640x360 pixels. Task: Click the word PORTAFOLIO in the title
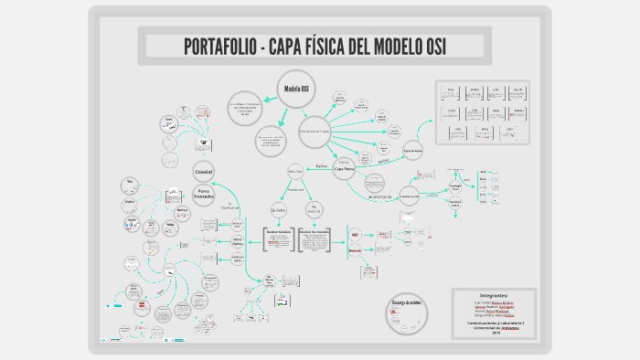point(217,46)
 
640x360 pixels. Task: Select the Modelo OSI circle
point(295,89)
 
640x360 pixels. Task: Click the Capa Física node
point(344,169)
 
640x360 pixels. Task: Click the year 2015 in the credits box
point(497,332)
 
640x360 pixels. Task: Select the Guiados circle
point(279,209)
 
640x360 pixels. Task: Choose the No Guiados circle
point(314,209)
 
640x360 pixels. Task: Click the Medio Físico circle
point(295,171)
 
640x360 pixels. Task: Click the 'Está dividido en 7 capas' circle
point(314,131)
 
